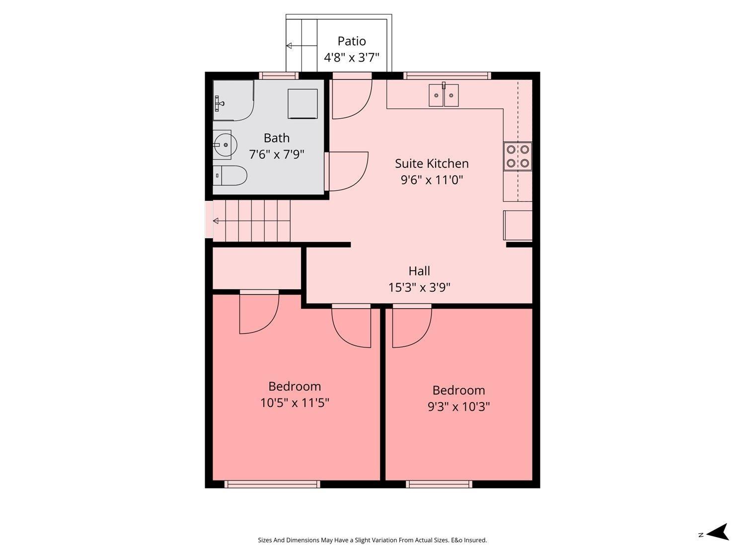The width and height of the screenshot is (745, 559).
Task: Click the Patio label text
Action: coord(352,41)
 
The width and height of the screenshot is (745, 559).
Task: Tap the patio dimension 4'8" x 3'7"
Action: coord(352,58)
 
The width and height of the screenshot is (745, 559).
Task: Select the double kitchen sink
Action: coord(444,95)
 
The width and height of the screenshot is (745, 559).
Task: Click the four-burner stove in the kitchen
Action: coord(518,156)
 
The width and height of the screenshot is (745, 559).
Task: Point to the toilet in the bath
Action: coord(230,175)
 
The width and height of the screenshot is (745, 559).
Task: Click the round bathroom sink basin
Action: coord(224,145)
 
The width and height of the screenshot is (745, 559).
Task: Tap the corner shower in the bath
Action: coord(232,100)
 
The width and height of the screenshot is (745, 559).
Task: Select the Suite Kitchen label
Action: coord(432,163)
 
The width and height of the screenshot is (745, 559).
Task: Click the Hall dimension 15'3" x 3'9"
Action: coord(419,288)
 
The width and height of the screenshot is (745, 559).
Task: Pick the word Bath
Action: coord(277,138)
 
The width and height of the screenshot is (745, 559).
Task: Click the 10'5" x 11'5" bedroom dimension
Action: coord(295,402)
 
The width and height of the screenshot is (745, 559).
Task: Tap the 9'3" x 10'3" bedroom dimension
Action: coord(458,407)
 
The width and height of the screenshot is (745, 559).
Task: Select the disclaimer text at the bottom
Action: coord(372,540)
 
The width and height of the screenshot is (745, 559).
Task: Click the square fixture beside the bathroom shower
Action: coord(302,104)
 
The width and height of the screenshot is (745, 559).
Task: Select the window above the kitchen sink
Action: coord(447,76)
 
